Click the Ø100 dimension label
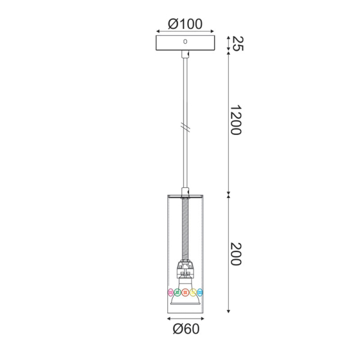(185, 25)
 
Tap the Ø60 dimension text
(185, 328)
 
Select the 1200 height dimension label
(235, 121)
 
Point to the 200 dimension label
(235, 254)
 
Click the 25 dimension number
(236, 43)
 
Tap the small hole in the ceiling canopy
(185, 41)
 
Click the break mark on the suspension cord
(185, 127)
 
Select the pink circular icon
(170, 293)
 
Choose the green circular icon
(178, 293)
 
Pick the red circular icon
(185, 293)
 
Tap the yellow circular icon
(193, 293)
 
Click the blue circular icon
(200, 293)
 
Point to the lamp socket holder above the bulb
(185, 269)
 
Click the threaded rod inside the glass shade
(185, 231)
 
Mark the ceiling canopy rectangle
(185, 43)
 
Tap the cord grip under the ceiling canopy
(185, 55)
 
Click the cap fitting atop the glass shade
(185, 194)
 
